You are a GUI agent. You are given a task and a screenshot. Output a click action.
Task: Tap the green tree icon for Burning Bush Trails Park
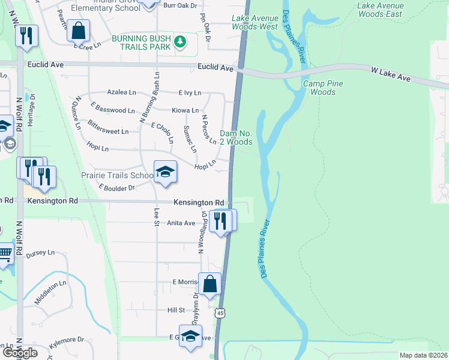point(180,42)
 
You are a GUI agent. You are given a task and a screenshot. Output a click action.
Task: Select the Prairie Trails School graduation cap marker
point(165,172)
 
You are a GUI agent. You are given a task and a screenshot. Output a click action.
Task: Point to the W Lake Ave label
point(390,74)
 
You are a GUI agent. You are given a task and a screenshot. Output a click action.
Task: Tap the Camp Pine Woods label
point(323,88)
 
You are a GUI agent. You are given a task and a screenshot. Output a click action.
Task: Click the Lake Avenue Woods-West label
point(255,22)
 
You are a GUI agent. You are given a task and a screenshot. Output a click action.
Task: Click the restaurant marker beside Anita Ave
point(222,220)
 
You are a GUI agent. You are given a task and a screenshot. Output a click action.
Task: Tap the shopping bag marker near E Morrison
point(210,284)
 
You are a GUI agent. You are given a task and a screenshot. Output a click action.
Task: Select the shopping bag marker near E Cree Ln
point(78,30)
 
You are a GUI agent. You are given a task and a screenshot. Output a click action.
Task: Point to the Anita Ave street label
point(181,223)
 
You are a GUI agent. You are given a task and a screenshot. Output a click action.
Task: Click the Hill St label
point(176,310)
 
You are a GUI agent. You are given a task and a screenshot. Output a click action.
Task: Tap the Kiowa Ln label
point(185,110)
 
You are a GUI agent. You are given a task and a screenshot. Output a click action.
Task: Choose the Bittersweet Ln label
point(108,131)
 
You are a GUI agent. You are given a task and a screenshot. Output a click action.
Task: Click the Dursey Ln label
point(40,254)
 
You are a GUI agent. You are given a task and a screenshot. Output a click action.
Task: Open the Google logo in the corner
point(20,353)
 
